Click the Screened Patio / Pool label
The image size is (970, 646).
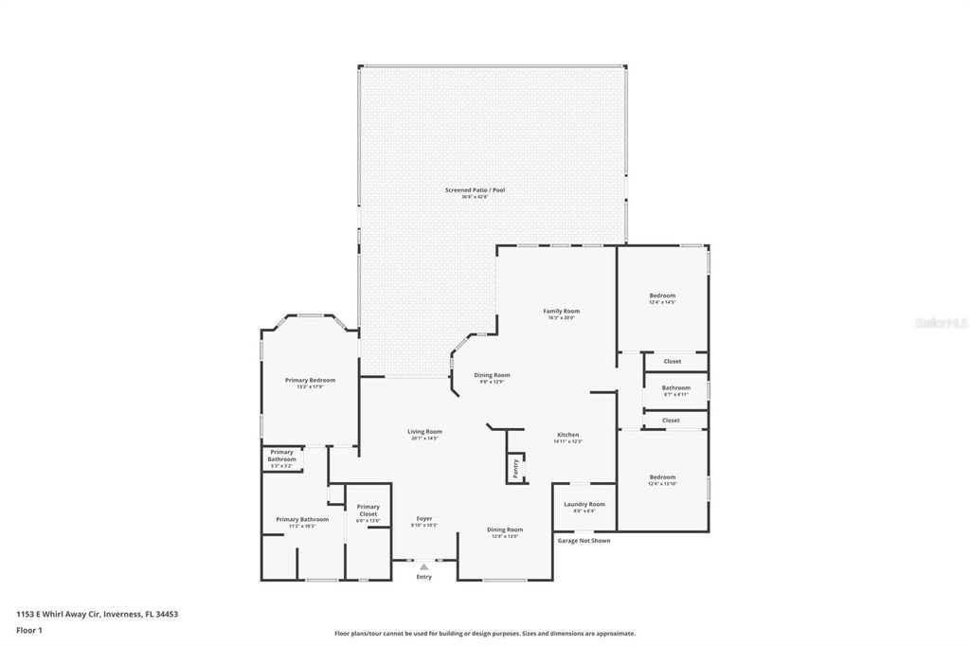click(475, 190)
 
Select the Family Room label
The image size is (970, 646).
click(561, 312)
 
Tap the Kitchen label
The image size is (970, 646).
click(567, 435)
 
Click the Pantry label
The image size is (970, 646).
click(516, 467)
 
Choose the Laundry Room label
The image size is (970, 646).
click(584, 505)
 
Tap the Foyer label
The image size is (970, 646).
click(423, 519)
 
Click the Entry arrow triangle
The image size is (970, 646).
click(423, 566)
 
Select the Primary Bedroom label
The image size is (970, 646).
click(310, 381)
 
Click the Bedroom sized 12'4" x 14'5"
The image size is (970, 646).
click(662, 296)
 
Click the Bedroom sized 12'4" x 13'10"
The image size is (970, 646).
click(662, 477)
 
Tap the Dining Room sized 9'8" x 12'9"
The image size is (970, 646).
click(492, 375)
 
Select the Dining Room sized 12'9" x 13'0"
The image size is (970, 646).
click(504, 530)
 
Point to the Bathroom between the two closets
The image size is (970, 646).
click(675, 387)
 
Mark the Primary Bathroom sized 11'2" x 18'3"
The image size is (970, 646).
click(302, 520)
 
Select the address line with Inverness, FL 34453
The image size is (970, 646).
click(97, 614)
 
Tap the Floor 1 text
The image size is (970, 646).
click(29, 629)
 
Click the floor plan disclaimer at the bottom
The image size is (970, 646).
click(484, 634)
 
